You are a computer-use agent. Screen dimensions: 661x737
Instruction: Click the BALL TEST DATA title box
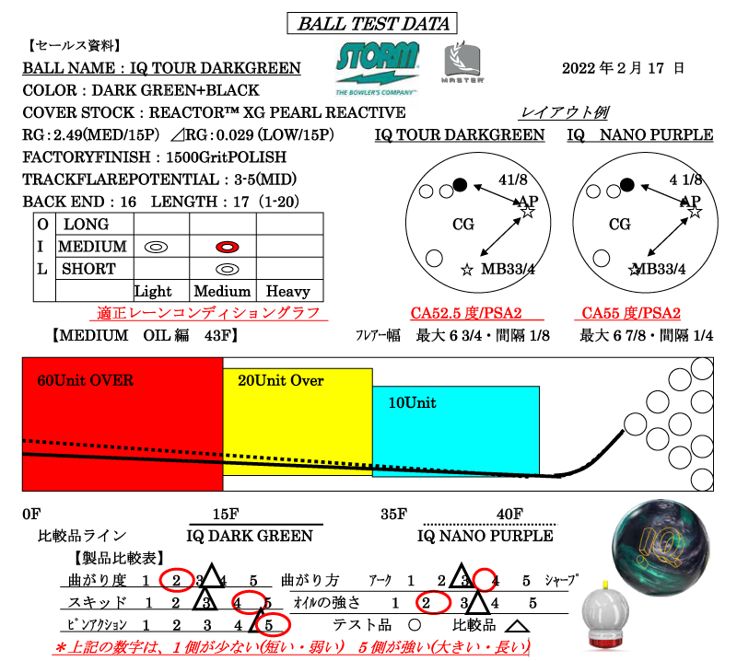click(368, 24)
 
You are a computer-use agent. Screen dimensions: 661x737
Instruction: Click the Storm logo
click(378, 66)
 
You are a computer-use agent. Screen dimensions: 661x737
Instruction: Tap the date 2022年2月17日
click(623, 68)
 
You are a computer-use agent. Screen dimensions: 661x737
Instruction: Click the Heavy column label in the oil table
click(288, 291)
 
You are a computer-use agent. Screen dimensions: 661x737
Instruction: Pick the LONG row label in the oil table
click(85, 225)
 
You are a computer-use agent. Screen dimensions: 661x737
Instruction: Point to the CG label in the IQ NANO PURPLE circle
click(620, 224)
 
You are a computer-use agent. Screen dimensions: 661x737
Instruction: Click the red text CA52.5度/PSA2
click(471, 314)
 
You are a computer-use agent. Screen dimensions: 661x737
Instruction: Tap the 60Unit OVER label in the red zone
click(86, 380)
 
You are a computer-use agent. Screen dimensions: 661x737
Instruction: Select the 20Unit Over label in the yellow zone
click(281, 380)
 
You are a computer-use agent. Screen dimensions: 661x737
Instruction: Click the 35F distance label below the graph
click(393, 515)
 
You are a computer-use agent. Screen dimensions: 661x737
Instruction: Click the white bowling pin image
click(607, 617)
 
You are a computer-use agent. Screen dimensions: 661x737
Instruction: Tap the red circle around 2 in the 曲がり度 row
click(174, 581)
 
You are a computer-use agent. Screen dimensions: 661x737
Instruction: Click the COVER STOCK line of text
click(214, 112)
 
